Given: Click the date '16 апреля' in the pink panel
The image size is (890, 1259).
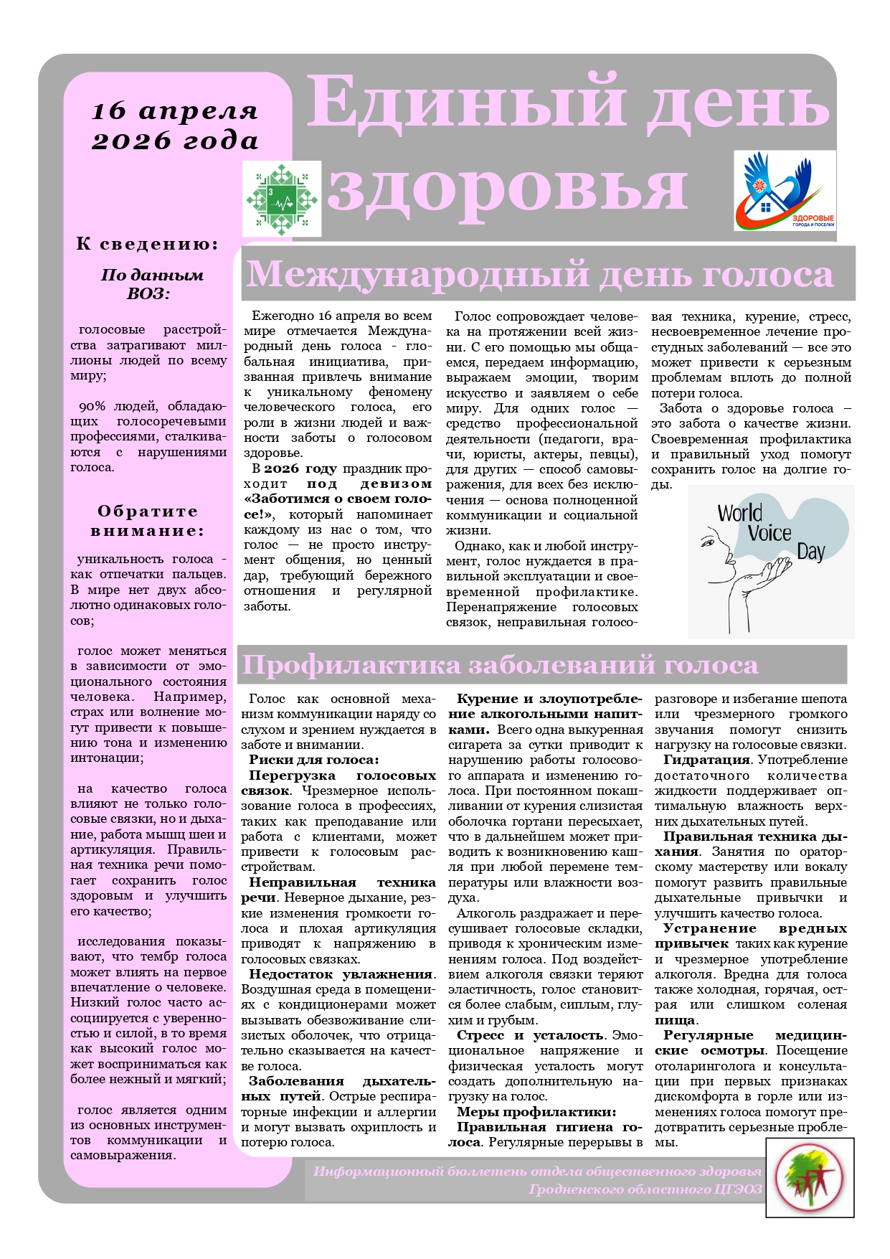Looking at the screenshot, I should point(174,111).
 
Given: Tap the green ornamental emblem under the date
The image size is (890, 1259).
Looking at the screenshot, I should point(281,199).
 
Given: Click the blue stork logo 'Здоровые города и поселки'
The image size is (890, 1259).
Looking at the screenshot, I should point(785,190).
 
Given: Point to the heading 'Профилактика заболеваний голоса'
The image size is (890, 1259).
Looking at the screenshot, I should point(500,665).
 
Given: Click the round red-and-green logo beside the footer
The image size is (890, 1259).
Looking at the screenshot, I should point(810,1178).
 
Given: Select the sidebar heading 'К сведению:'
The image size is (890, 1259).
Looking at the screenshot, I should point(147,244).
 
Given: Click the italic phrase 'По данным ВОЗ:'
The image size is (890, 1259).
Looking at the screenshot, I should point(151,284).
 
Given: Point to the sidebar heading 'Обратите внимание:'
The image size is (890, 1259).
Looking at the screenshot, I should point(147,521).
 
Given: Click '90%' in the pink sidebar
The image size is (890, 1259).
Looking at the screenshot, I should point(92,407).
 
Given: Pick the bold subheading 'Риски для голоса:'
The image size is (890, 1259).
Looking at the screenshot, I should point(313,760).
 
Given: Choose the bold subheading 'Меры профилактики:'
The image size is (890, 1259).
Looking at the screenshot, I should point(536,1112).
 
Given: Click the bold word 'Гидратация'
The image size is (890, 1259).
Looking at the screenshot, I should point(706,760).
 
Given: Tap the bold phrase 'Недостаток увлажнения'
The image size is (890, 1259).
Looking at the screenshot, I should point(341,974).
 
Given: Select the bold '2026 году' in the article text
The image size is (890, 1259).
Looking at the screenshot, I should point(300,468).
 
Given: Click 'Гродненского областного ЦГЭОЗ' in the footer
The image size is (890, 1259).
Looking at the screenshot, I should point(645,1189).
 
